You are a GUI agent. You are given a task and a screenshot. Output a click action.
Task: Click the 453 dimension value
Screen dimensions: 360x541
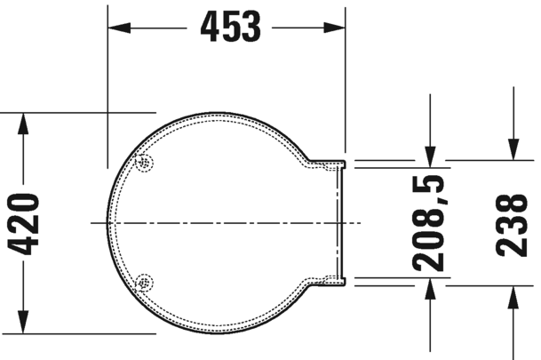[x=230, y=28]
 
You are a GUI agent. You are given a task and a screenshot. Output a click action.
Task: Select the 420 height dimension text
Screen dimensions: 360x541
[x=28, y=223]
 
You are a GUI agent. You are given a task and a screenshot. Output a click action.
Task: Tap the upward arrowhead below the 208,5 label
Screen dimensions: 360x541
[x=430, y=287]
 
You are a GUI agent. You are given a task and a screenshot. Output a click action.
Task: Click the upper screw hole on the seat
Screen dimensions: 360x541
[x=144, y=162]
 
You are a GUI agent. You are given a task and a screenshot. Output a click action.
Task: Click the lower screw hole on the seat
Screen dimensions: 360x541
[x=144, y=283]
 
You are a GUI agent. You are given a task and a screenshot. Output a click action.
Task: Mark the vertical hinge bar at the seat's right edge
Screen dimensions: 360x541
[x=341, y=222]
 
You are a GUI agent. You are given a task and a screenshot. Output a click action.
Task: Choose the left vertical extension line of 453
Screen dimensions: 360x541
[x=107, y=89]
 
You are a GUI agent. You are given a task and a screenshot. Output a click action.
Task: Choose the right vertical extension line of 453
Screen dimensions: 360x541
[x=345, y=89]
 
